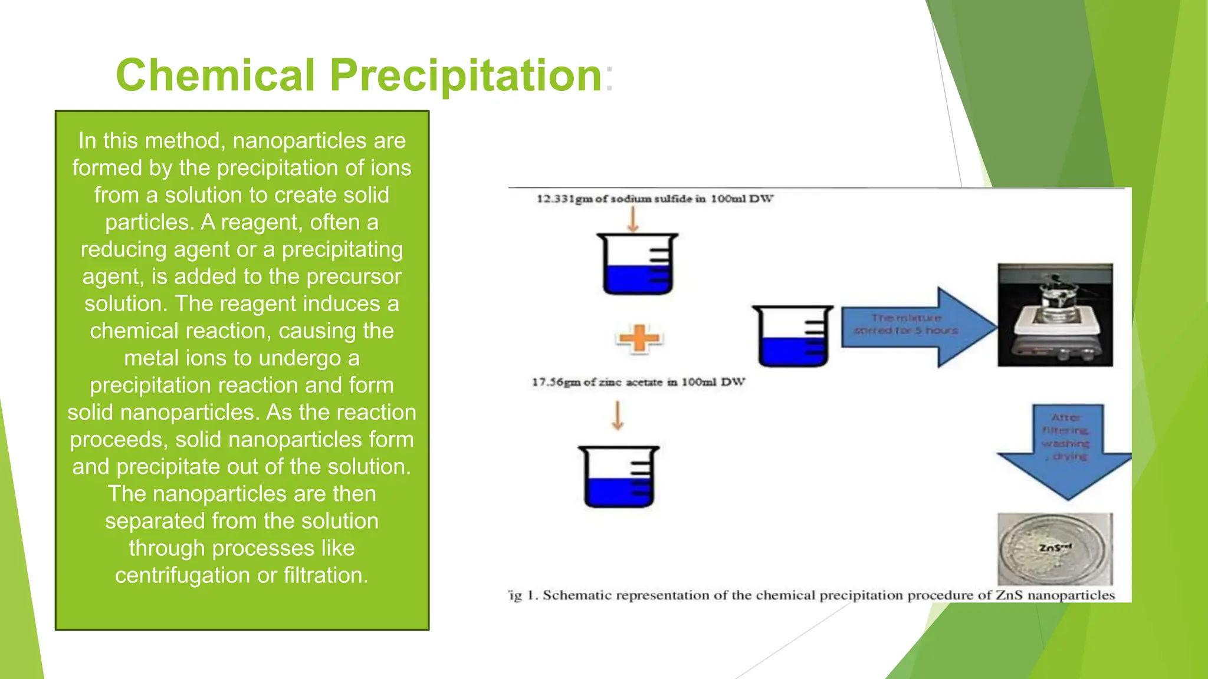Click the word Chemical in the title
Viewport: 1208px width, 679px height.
pyautogui.click(x=215, y=75)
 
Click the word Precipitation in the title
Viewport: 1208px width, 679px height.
pyautogui.click(x=465, y=75)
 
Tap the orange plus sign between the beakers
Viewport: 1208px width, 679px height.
pyautogui.click(x=639, y=338)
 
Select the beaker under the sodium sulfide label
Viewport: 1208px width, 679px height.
pyautogui.click(x=638, y=265)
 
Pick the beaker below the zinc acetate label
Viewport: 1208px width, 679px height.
pyautogui.click(x=619, y=477)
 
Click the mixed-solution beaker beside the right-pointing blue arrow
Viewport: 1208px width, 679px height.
pyautogui.click(x=792, y=337)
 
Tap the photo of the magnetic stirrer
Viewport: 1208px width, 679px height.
pyautogui.click(x=1055, y=315)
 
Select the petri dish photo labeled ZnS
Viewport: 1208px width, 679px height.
pyautogui.click(x=1055, y=549)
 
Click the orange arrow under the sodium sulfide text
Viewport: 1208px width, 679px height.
pyautogui.click(x=633, y=220)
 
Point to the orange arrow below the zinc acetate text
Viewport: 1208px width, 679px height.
pyautogui.click(x=618, y=416)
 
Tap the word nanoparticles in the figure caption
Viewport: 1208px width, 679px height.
pyautogui.click(x=1071, y=595)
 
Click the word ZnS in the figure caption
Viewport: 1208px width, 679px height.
pyautogui.click(x=1009, y=595)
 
